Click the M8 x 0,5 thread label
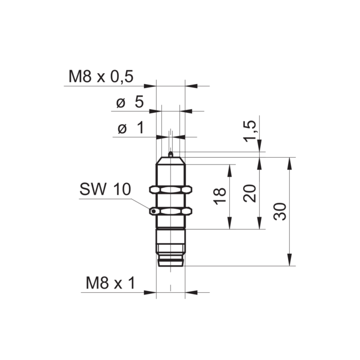tap(101, 77)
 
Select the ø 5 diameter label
tap(130, 102)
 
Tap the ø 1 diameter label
tap(130, 128)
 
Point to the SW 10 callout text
tap(104, 189)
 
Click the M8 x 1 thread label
tap(110, 283)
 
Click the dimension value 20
tap(250, 193)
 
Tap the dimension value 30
tap(280, 211)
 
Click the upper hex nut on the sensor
tap(170, 190)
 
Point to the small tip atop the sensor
tap(171, 155)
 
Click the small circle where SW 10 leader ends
tap(155, 211)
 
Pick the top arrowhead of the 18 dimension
tap(229, 169)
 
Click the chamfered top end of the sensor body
tap(171, 161)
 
